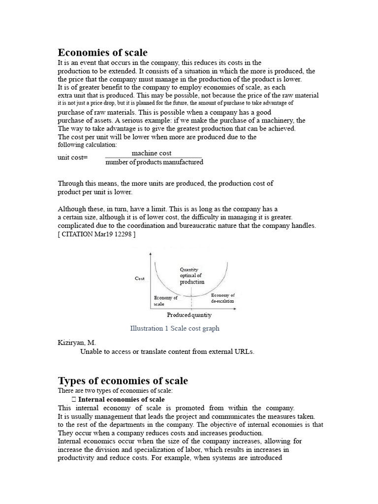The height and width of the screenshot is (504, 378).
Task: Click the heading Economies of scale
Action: [103, 53]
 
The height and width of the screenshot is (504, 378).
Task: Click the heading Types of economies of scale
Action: [123, 381]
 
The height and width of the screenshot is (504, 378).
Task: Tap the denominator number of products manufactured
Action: [154, 162]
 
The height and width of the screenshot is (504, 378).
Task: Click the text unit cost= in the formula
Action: [72, 157]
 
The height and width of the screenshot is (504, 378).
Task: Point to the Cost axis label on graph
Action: [140, 279]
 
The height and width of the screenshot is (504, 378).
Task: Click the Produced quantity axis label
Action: [189, 315]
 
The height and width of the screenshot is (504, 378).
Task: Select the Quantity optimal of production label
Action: [191, 276]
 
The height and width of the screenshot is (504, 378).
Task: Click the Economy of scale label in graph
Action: [165, 301]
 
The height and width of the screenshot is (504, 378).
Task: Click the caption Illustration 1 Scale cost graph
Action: [175, 328]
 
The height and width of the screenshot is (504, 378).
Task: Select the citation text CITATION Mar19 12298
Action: [96, 234]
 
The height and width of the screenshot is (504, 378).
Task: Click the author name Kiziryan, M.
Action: [77, 343]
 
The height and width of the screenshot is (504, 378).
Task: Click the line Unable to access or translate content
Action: [167, 351]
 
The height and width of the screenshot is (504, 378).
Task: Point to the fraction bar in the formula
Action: [154, 157]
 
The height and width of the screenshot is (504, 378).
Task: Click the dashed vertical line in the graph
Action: [185, 301]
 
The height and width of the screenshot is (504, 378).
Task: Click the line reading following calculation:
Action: [87, 145]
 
